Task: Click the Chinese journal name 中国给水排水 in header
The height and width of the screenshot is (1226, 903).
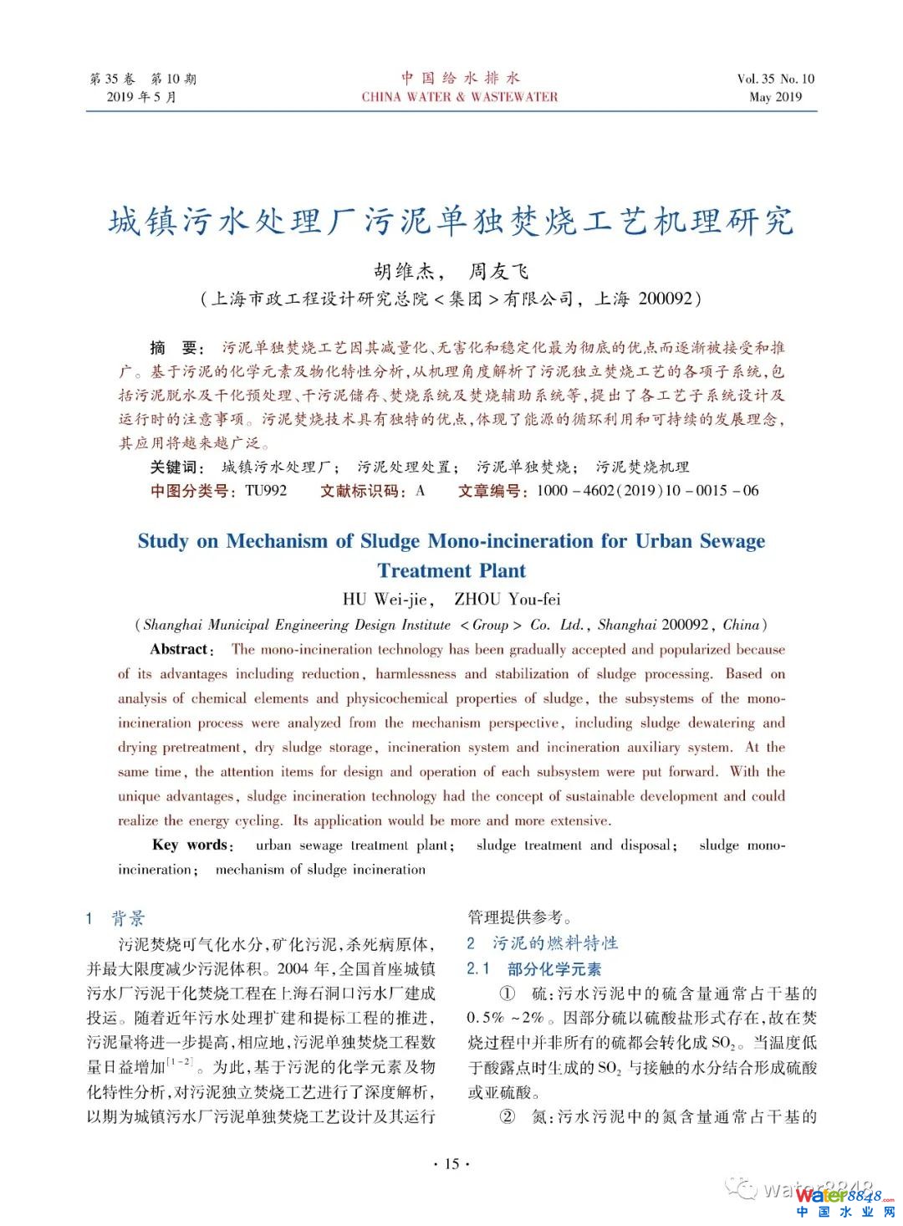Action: tap(460, 78)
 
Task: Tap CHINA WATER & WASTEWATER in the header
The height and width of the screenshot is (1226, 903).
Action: tap(460, 97)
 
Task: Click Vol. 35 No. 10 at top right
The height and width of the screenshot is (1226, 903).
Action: tap(775, 79)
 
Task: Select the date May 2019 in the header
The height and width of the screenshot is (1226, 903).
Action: tap(775, 97)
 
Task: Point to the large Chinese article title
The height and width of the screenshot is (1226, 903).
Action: tap(451, 222)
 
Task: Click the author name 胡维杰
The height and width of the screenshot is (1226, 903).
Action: tap(404, 271)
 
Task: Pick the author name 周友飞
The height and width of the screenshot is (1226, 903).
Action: tap(498, 271)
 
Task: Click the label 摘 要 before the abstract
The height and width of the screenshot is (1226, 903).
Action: tap(174, 348)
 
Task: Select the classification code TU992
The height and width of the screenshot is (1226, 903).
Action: tap(266, 491)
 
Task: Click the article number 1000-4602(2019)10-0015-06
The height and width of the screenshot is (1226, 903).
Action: tap(647, 491)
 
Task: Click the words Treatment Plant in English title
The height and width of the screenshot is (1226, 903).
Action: tap(451, 570)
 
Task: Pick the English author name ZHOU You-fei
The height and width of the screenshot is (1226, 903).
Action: tap(507, 599)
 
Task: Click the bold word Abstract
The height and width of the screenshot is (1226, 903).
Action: tap(180, 649)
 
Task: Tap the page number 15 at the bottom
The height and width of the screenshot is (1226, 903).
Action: tap(451, 1163)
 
